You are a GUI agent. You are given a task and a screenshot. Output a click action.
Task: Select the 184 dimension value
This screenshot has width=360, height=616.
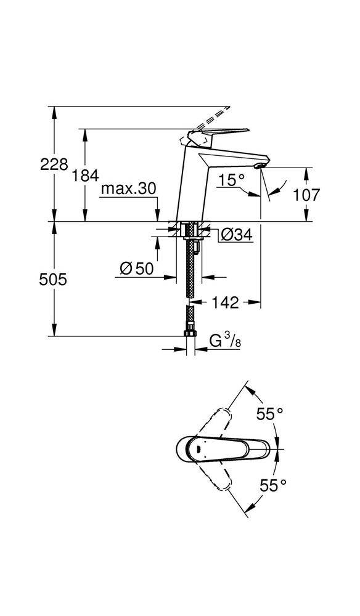86,176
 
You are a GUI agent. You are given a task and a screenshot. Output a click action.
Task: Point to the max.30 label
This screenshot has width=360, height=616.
129,189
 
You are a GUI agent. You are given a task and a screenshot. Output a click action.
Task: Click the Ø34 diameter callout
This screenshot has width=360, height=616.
236,234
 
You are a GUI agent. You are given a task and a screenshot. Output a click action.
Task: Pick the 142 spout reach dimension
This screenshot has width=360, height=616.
226,302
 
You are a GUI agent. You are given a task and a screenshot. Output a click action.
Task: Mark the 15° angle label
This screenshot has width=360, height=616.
232,179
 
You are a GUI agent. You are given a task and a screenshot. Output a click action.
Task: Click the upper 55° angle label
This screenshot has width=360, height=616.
270,415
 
